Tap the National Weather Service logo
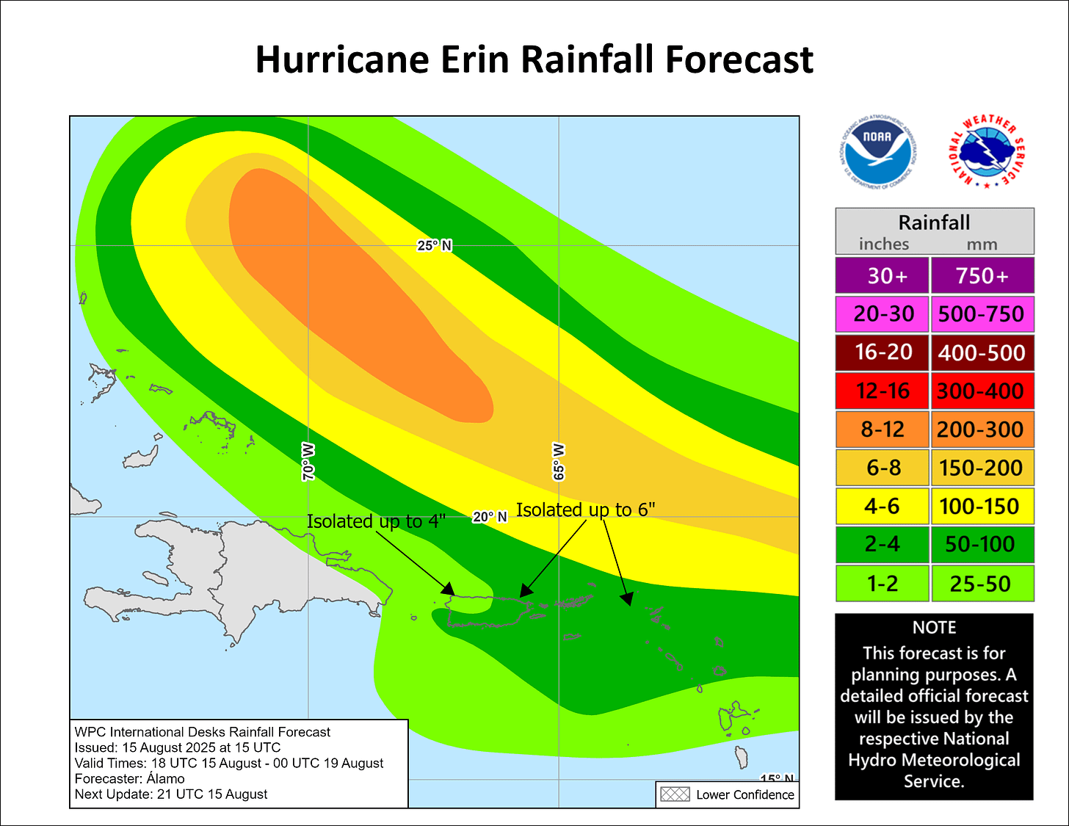tap(987, 152)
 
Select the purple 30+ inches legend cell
tap(883, 275)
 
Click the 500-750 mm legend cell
tap(982, 314)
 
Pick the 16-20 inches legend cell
tap(883, 352)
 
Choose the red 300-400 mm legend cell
tap(982, 391)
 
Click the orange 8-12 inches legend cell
tap(883, 430)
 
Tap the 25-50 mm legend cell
tap(982, 584)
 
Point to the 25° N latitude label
tap(434, 246)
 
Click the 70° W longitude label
tap(308, 462)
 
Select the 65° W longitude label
tap(559, 462)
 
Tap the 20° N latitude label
tap(490, 517)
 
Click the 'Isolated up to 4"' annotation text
tap(376, 521)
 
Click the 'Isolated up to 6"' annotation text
tap(585, 510)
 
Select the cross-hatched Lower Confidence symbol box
tap(675, 794)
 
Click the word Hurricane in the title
tap(340, 59)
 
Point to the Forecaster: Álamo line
tap(130, 778)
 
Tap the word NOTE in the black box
tap(934, 628)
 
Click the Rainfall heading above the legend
tap(934, 222)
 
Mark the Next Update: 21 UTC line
tap(171, 794)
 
